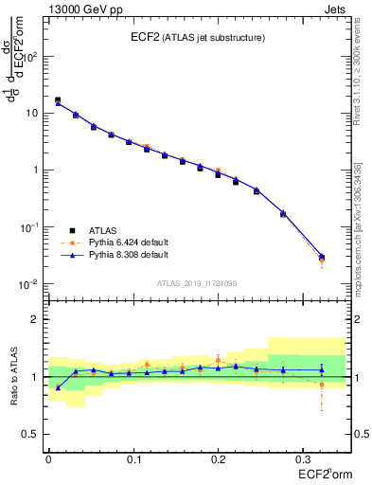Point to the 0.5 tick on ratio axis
tap(30, 434)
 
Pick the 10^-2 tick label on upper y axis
tap(28, 284)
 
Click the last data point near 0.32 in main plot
tap(321, 257)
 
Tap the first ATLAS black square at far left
tap(58, 99)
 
